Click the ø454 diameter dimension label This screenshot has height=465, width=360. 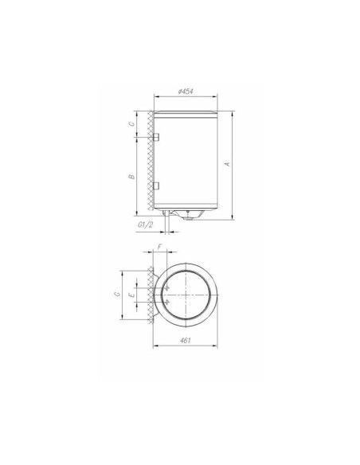point(184,92)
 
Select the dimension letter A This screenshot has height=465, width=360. point(228,162)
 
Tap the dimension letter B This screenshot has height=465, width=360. point(132,176)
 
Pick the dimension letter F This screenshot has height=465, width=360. point(160,248)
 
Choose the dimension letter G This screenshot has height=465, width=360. point(116,295)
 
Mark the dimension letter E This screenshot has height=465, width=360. point(132,295)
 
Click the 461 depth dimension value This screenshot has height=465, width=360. point(185,340)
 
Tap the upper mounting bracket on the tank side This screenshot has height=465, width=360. point(156,138)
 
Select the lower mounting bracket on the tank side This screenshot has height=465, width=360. point(156,186)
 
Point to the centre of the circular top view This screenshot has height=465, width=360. point(186,294)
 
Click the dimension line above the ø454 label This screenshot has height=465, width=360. point(185,98)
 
